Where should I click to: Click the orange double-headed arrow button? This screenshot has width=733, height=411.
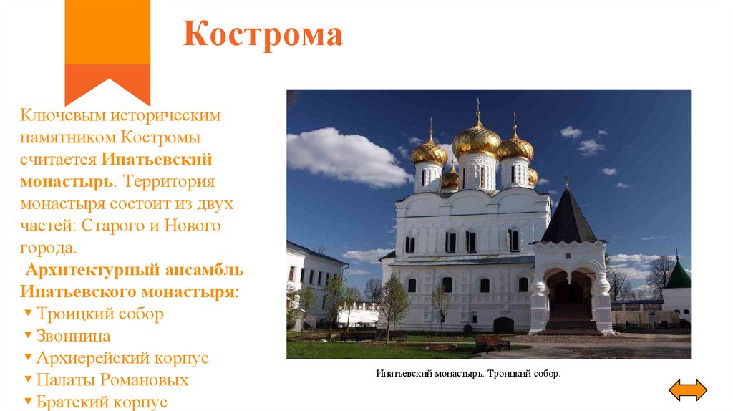(687, 390)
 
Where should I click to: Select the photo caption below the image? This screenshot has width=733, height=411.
(468, 374)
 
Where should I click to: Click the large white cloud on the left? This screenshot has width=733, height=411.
(344, 156)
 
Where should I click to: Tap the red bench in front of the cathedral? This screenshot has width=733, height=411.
(492, 343)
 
